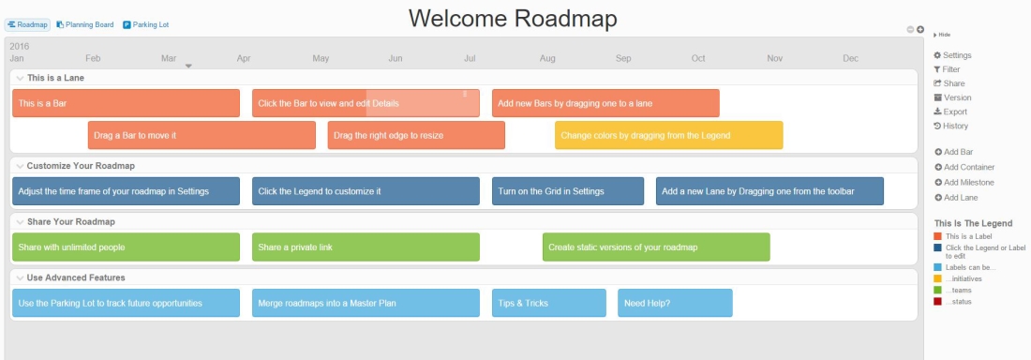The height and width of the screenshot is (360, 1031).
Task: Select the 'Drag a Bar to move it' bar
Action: click(202, 135)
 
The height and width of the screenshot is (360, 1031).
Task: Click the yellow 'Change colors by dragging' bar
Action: click(668, 135)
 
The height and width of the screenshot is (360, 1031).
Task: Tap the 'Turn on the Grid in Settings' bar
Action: click(567, 191)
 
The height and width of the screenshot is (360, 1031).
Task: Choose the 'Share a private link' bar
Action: click(366, 247)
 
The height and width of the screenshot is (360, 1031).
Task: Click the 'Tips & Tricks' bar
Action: click(548, 303)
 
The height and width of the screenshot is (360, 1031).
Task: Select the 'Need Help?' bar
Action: click(675, 303)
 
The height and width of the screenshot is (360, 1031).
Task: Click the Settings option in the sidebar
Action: click(956, 55)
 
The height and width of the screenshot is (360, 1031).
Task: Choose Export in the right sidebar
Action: click(955, 112)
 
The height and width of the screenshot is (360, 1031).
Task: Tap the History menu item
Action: click(955, 126)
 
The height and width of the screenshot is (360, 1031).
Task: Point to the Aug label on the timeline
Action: click(547, 58)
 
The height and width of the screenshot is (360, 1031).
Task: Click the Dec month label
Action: click(850, 58)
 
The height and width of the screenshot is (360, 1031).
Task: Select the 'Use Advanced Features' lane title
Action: click(76, 277)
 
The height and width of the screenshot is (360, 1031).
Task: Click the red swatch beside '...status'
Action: click(938, 301)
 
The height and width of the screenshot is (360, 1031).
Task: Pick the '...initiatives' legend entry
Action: click(966, 278)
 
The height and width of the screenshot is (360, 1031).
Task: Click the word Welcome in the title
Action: click(456, 18)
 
